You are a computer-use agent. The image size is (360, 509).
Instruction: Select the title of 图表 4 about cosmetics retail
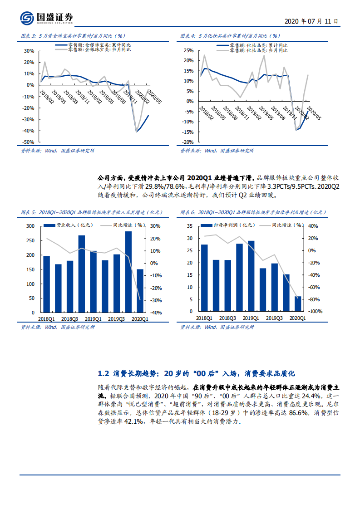229,35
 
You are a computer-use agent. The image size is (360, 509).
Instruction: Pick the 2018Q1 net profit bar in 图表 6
204,278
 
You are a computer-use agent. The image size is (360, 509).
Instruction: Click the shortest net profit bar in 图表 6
298,303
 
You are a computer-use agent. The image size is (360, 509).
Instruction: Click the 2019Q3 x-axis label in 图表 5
116,319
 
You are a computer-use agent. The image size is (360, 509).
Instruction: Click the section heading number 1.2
104,374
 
